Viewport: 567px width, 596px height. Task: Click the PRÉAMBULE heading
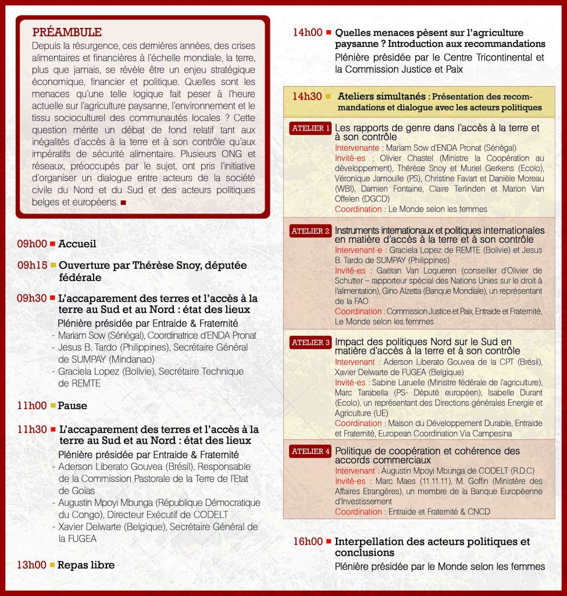[67, 32]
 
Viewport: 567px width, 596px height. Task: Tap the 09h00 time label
[31, 244]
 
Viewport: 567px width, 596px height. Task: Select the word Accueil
[77, 244]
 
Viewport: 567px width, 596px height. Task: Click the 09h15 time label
[31, 265]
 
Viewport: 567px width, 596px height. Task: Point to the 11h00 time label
[31, 406]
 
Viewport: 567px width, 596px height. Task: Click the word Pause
[73, 406]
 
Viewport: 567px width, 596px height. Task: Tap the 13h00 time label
[31, 565]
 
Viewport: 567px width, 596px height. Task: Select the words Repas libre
[86, 565]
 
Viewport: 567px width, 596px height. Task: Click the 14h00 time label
[308, 33]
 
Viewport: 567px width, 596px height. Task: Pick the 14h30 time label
[308, 96]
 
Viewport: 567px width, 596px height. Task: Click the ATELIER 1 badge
[311, 128]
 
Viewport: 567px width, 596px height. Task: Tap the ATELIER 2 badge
[311, 231]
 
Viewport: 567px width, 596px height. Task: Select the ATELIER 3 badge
[311, 342]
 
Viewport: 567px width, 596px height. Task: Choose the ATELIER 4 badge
[311, 451]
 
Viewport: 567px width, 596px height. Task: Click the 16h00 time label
[308, 542]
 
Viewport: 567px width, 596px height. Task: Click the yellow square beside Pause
[52, 406]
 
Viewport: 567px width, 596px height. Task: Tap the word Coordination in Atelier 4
[358, 512]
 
